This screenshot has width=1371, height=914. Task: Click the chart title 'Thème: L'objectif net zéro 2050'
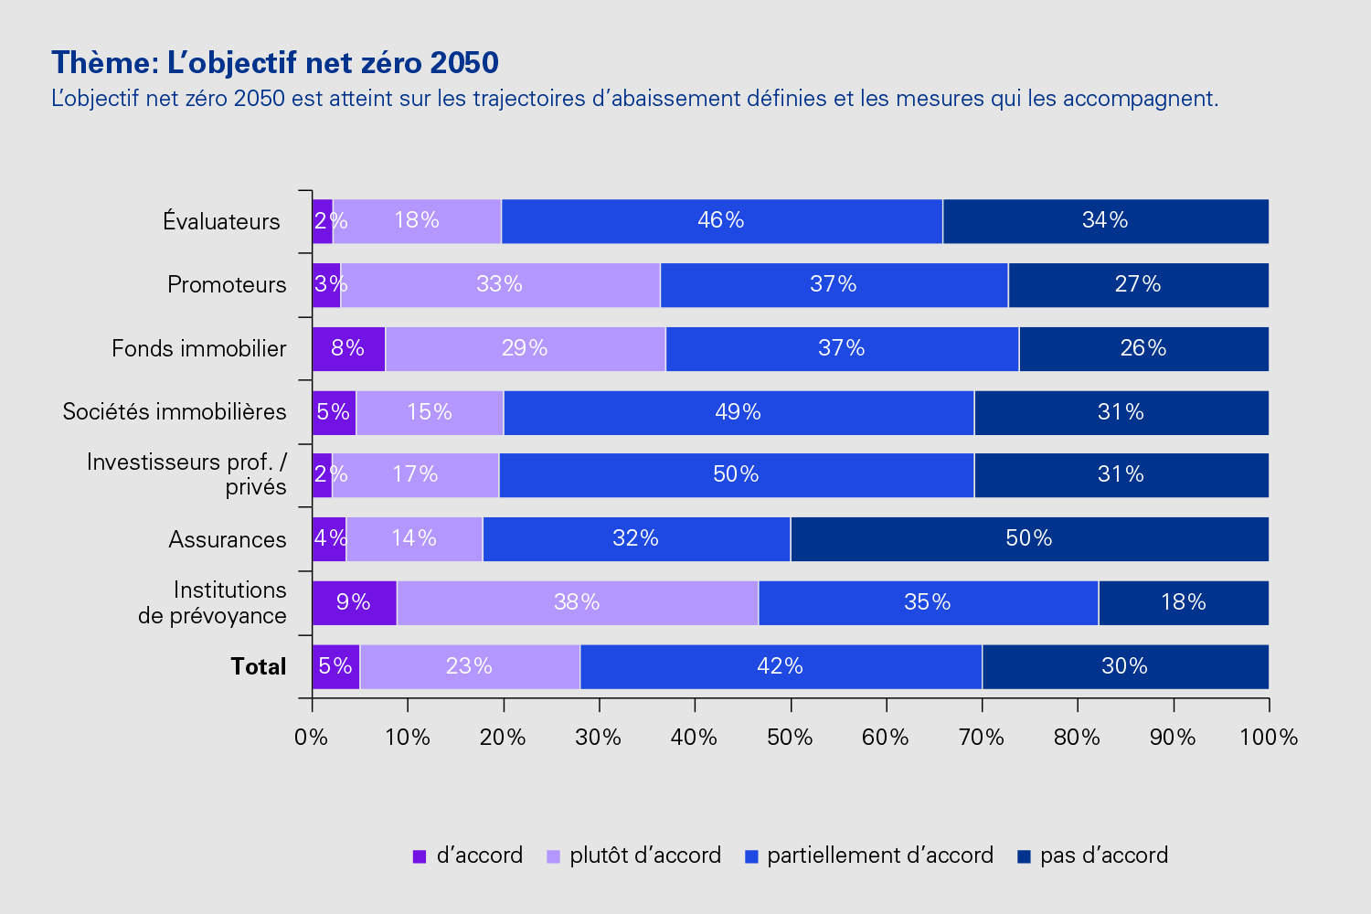pos(275,62)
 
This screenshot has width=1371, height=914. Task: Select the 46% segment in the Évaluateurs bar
pos(721,221)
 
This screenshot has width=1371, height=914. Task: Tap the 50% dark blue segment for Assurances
pos(1029,539)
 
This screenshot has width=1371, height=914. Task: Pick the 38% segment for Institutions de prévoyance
pos(577,603)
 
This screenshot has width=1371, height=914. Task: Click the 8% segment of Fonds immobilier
pos(348,349)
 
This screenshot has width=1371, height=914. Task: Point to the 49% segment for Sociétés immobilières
pos(739,413)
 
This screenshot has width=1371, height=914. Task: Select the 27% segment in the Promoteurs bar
pos(1138,285)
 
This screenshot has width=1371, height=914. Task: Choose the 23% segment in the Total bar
pos(470,667)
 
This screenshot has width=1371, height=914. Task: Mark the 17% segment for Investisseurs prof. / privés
pos(415,475)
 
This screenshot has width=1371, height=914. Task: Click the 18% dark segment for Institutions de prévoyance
pos(1184,603)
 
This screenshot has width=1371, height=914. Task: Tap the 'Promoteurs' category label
pos(227,285)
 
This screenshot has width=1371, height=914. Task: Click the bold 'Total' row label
pos(258,667)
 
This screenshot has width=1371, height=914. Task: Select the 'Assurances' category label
pos(228,540)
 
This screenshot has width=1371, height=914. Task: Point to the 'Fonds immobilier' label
pos(199,349)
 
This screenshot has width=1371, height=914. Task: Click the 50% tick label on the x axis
pos(791,738)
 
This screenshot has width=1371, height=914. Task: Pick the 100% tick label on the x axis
pos(1269,738)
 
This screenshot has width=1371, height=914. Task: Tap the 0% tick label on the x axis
pos(312,738)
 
